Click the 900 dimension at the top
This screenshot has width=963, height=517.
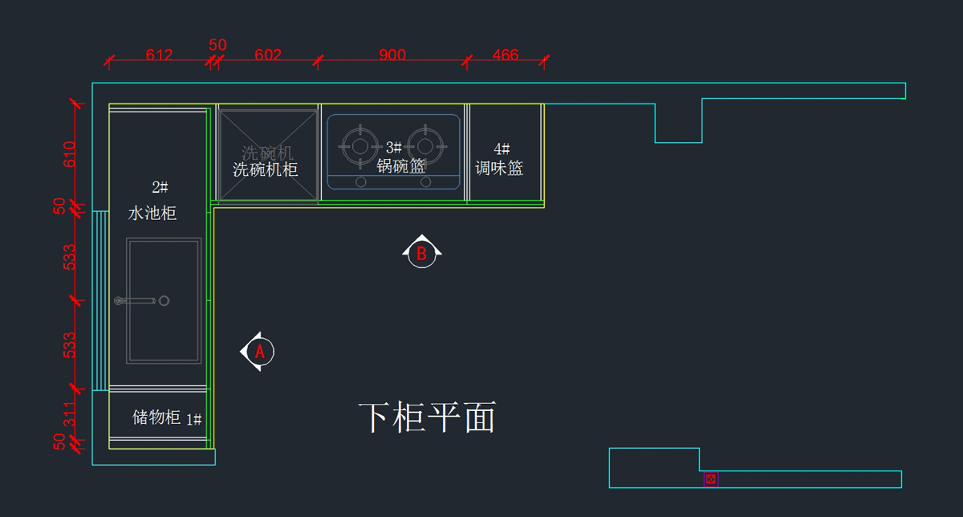[392, 55]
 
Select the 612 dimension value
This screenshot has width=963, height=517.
[159, 55]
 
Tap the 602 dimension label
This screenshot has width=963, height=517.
[267, 55]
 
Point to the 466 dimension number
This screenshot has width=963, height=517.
[506, 55]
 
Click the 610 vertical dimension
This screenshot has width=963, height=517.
[69, 153]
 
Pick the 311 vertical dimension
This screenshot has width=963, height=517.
[69, 413]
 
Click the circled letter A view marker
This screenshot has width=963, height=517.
[259, 352]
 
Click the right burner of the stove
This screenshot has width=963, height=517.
[425, 145]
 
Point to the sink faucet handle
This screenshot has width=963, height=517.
[136, 301]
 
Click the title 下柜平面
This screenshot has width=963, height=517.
[427, 417]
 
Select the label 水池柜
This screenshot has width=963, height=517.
[152, 214]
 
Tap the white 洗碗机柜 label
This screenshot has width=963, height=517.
[266, 170]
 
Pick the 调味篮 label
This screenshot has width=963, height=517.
[499, 169]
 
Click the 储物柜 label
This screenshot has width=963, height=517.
[156, 417]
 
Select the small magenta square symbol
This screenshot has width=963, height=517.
[711, 479]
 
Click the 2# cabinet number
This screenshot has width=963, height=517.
[160, 187]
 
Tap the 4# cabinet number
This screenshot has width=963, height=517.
[502, 149]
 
